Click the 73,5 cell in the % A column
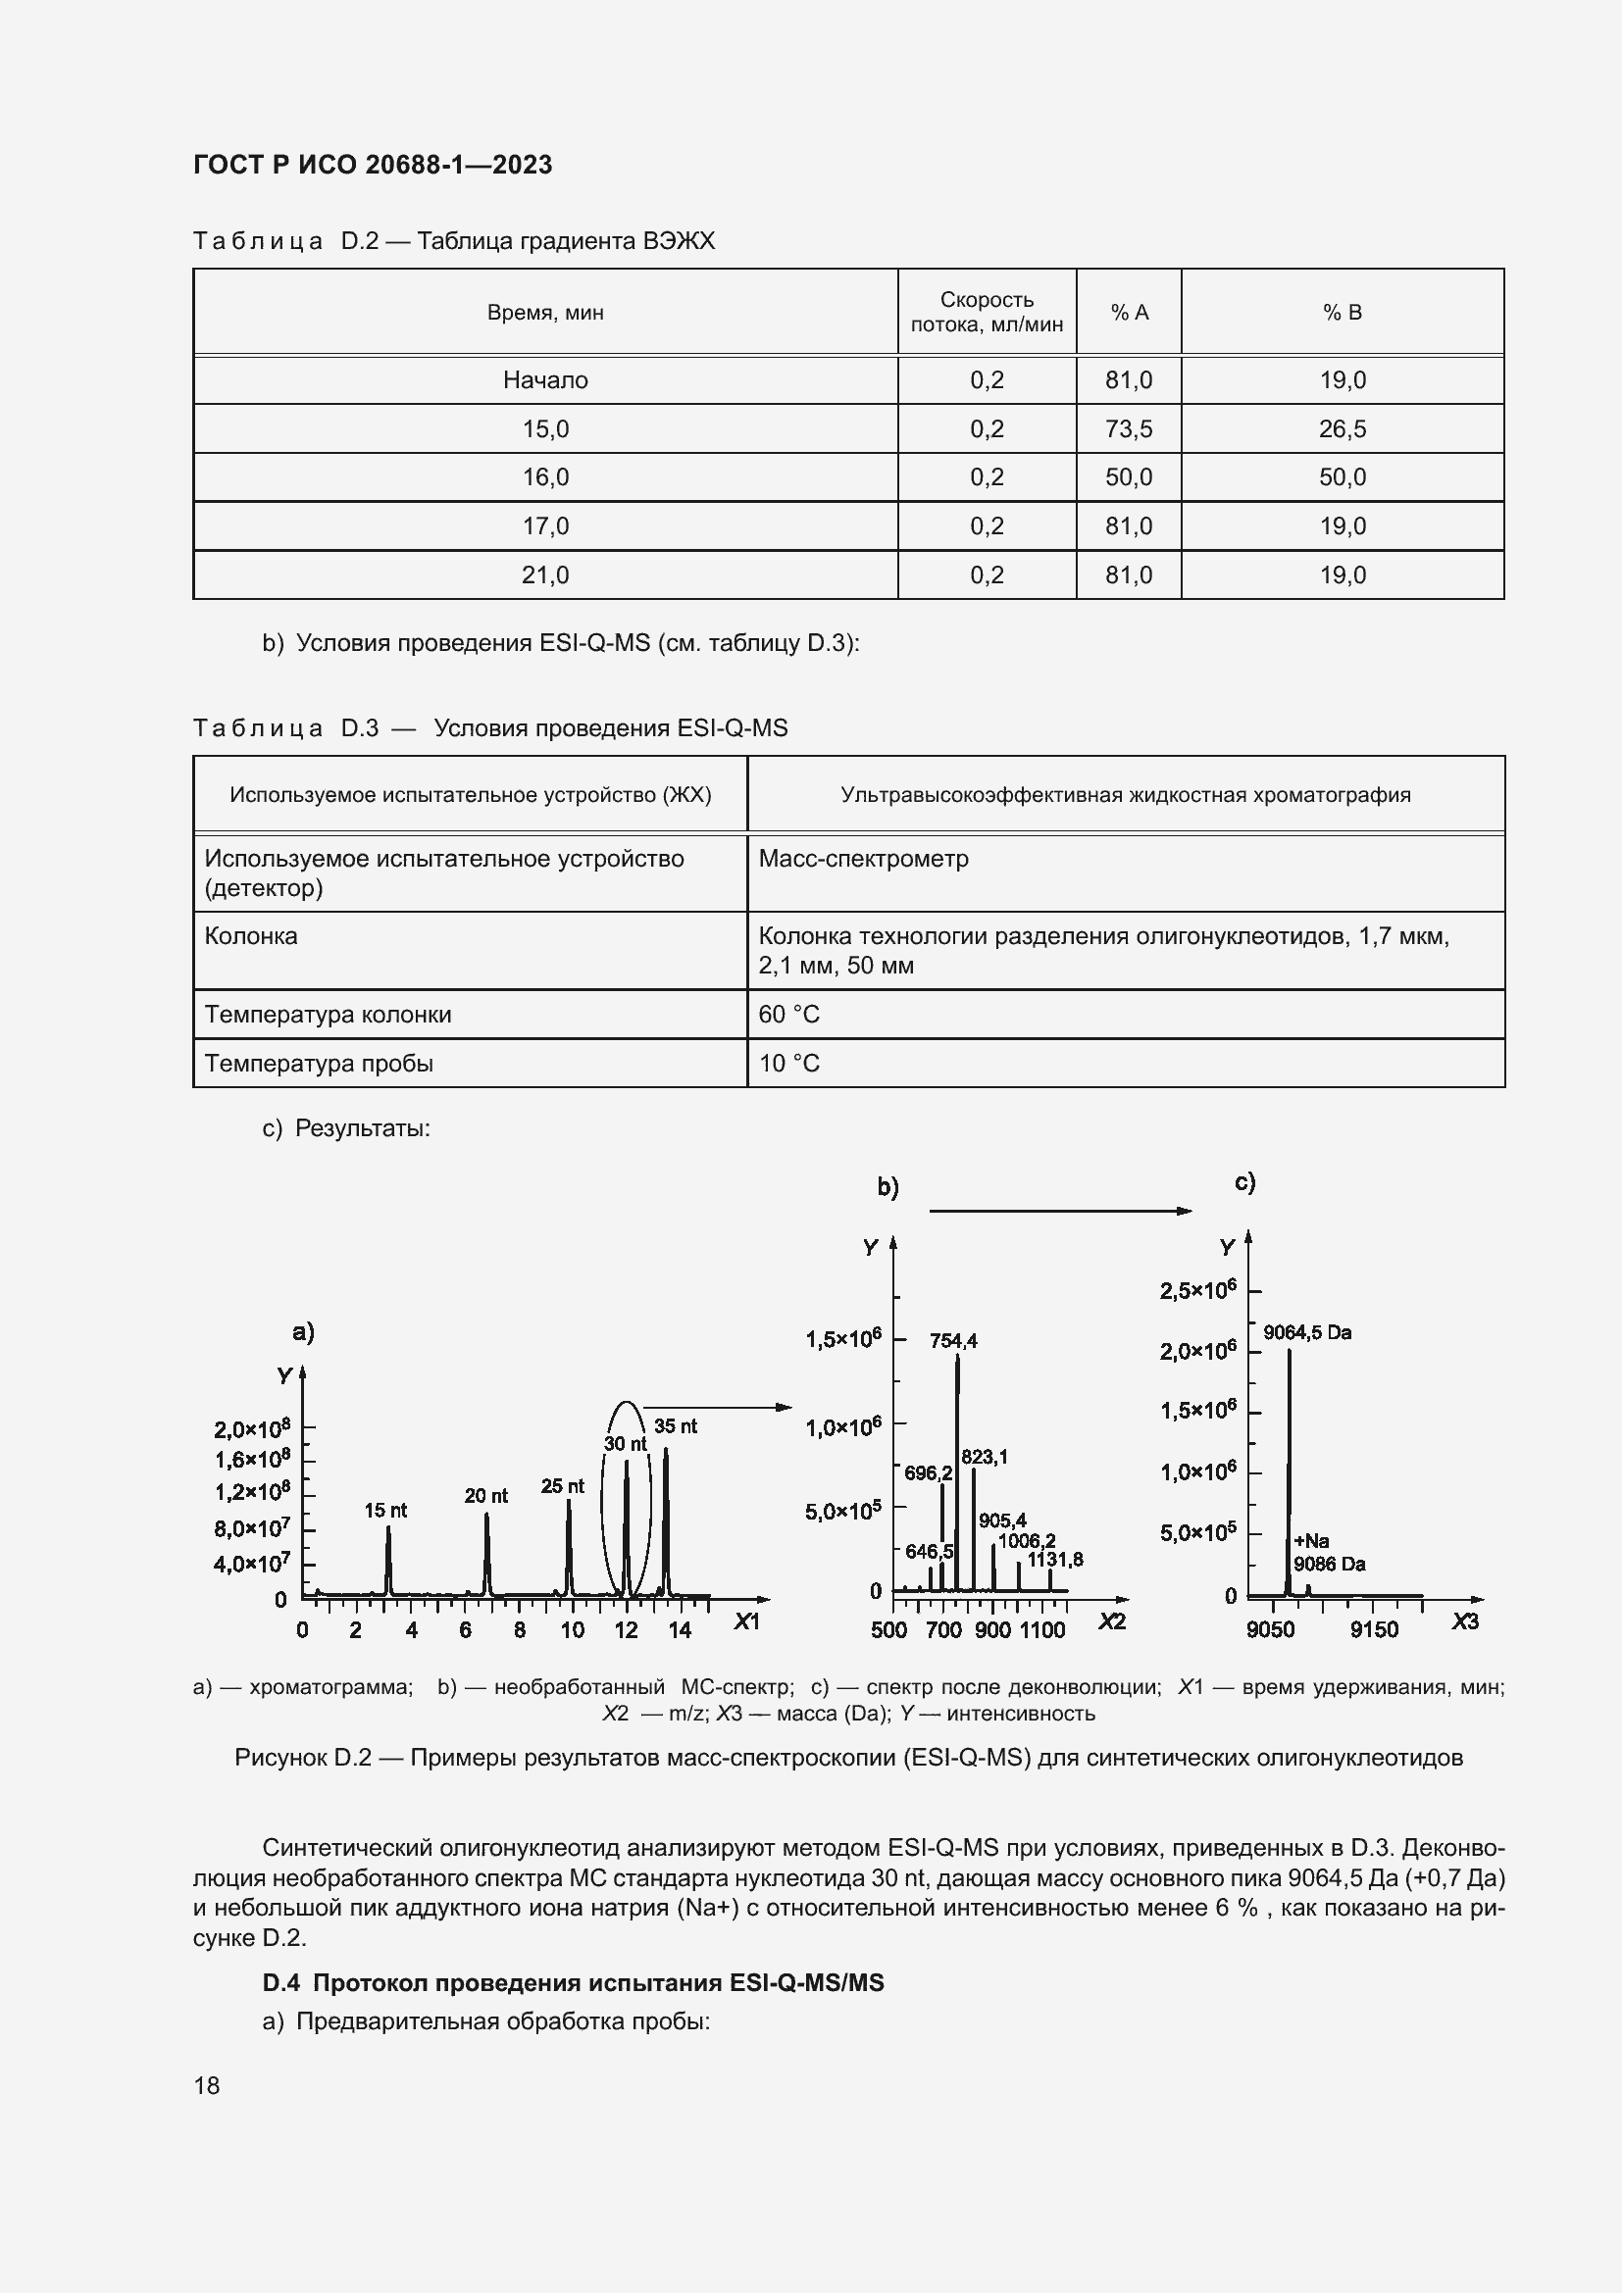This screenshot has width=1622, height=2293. point(1128,428)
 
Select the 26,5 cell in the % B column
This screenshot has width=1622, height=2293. point(1342,428)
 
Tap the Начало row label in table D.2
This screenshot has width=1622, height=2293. point(545,379)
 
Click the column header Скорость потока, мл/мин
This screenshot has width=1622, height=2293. point(986,312)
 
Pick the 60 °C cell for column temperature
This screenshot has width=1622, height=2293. point(789,1014)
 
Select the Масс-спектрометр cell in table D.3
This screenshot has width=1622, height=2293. point(863,859)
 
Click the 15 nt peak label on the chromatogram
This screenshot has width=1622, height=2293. point(384,1510)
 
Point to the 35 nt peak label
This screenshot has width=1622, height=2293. point(675,1426)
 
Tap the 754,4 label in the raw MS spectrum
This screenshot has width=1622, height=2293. point(953,1341)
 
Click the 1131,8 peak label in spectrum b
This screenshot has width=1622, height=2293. point(1055,1560)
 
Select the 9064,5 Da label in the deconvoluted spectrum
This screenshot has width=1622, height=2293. point(1306,1332)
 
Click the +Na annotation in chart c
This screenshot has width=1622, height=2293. point(1310,1541)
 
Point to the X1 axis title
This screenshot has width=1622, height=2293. point(746,1621)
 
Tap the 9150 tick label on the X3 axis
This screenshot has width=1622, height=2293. point(1373,1630)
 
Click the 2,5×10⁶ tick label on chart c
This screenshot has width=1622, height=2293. point(1197,1290)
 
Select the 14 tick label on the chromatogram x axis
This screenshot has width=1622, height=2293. point(680,1631)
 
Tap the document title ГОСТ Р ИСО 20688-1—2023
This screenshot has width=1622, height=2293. point(373,165)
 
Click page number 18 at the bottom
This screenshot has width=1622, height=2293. point(207,2085)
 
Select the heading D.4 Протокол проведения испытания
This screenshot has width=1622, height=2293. point(574,1982)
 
